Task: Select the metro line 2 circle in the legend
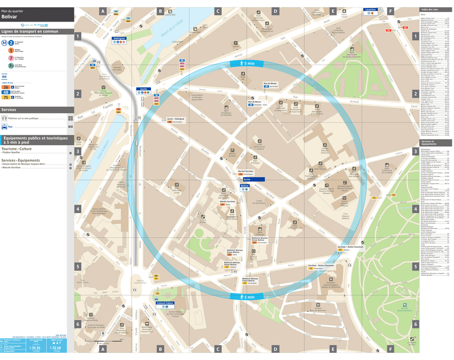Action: pyautogui.click(x=11, y=42)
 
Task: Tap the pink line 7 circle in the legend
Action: pyautogui.click(x=11, y=58)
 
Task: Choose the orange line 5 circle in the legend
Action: pyautogui.click(x=11, y=51)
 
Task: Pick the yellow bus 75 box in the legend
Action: pyautogui.click(x=6, y=97)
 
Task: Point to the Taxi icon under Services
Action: pyautogui.click(x=4, y=127)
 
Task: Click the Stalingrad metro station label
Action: pyautogui.click(x=119, y=38)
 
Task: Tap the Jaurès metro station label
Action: pyautogui.click(x=143, y=89)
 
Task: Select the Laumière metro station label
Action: pyautogui.click(x=370, y=10)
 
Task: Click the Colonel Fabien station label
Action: pyautogui.click(x=164, y=303)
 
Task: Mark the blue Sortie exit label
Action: pyautogui.click(x=247, y=180)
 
